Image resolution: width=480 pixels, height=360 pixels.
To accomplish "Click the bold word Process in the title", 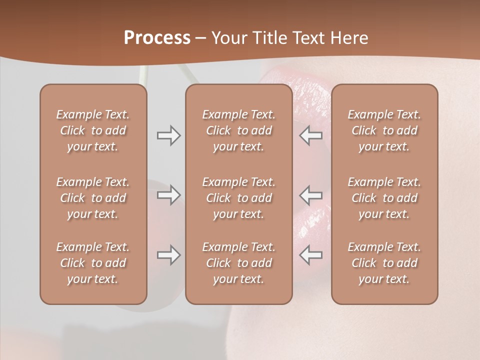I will pos(157,38).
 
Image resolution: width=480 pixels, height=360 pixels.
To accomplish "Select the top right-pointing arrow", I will pos(168,135).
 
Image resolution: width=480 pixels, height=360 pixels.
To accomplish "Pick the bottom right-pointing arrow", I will pos(168,255).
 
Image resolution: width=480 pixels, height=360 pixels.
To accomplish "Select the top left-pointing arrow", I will pos(310,135).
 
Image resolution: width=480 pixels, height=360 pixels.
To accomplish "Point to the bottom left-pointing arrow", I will pos(310,255).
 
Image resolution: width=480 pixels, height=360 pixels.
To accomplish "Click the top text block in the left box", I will pos(93,130).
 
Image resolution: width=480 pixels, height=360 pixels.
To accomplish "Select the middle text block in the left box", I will pos(93,198).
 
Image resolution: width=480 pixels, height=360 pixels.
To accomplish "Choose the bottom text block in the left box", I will pos(93,263).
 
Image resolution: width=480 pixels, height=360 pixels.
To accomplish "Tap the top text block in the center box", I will pos(238,130).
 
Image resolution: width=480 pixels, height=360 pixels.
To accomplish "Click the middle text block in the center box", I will pos(238,198).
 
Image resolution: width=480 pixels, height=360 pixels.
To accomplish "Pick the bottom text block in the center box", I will pos(238,263).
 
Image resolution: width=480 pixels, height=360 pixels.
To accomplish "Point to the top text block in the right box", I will pos(384,130).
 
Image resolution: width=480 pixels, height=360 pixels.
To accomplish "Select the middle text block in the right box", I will pos(384,198).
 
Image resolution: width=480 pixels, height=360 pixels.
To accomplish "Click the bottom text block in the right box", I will pos(384,263).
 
